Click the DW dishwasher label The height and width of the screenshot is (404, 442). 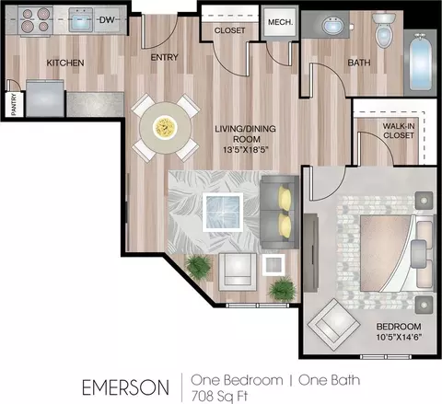point(107,20)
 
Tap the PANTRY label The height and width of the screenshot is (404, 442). point(14,105)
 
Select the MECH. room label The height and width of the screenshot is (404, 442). point(280,22)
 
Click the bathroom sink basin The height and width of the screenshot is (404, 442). point(333,25)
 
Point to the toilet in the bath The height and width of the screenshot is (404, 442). point(383,29)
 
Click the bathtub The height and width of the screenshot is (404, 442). point(421,63)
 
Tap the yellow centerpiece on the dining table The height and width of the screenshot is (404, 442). point(166,128)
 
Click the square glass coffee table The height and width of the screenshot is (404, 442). point(223,213)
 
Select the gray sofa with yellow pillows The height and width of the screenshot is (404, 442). point(279,212)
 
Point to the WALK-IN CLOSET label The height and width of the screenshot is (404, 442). point(399,131)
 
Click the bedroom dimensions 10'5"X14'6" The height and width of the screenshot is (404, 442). point(399,337)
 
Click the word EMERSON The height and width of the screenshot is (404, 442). point(125,387)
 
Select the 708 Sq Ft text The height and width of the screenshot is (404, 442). point(219,396)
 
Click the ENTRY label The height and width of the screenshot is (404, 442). point(164,57)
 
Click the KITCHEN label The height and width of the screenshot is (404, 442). point(65,63)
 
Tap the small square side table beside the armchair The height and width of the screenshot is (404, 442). point(273,265)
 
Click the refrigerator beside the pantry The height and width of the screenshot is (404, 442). point(45,98)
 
